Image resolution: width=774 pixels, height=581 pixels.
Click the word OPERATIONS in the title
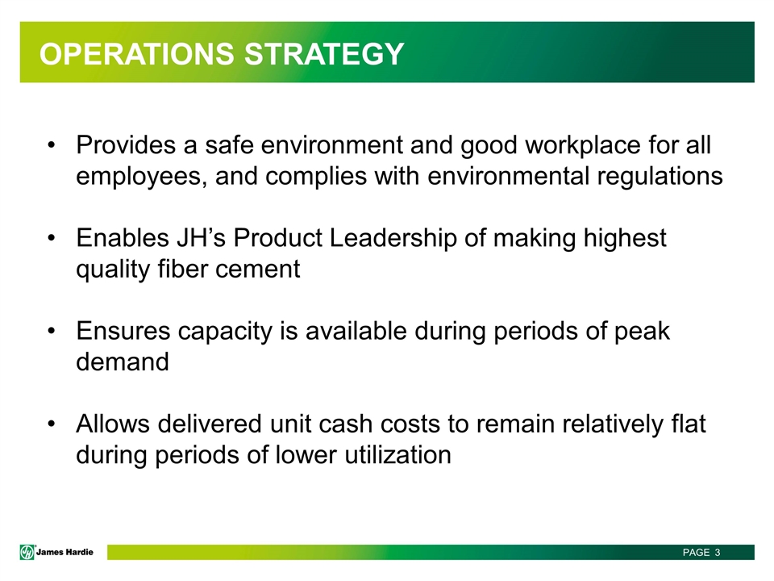(137, 54)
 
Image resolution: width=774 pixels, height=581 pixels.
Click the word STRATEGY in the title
(324, 54)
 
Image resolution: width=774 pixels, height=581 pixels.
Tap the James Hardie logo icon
(27, 552)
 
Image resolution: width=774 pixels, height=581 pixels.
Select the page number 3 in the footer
(718, 552)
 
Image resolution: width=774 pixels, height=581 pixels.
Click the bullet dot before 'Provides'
(52, 145)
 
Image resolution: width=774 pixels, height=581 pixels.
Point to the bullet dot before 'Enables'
(52, 238)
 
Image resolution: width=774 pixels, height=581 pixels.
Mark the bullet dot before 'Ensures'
(52, 331)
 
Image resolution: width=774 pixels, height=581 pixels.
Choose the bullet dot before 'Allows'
(52, 424)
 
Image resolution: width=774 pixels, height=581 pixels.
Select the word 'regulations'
(660, 177)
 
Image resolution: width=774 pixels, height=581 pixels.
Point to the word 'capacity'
(225, 332)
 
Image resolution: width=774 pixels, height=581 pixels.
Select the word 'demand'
(123, 362)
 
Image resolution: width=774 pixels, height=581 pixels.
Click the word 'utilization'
(397, 454)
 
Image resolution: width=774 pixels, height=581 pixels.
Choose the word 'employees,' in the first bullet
(142, 177)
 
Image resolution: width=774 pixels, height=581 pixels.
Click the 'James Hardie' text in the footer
(64, 552)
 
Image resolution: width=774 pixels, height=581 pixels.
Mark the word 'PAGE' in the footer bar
(696, 552)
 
